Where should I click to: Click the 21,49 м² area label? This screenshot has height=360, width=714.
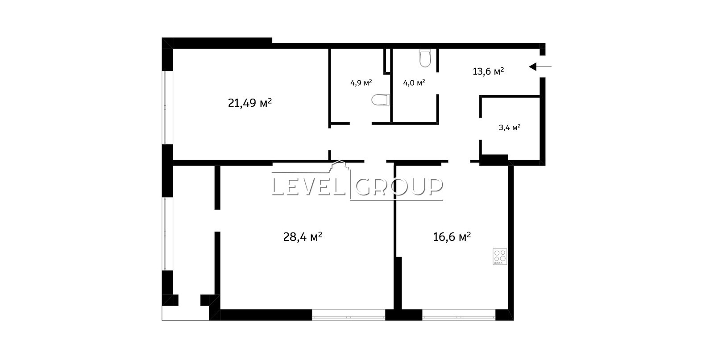pos(250,103)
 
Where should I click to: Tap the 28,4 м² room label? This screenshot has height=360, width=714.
pos(303,237)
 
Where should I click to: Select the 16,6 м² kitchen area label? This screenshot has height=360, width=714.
pos(452,237)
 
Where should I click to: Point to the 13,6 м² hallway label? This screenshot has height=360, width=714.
pos(488,71)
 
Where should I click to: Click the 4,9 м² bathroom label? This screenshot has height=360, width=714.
pos(361,83)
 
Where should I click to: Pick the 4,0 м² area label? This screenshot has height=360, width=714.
pos(414,83)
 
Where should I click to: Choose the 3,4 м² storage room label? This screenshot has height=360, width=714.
pos(509,128)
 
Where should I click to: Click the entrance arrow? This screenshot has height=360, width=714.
pos(540,66)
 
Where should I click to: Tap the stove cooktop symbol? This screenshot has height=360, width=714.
pos(500,257)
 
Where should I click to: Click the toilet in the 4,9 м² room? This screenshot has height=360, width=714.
pos(381,100)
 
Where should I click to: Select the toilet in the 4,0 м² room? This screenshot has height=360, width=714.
pos(425,58)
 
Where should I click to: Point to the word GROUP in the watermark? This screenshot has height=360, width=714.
pos(399,186)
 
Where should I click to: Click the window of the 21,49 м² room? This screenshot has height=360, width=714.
pos(165,108)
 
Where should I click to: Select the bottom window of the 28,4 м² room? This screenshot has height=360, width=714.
pos(349,317)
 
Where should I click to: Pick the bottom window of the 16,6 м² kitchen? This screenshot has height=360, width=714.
pos(459,317)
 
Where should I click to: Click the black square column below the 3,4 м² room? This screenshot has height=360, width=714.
pos(494,160)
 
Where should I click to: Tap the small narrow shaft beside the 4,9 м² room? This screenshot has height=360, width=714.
pos(387,61)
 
